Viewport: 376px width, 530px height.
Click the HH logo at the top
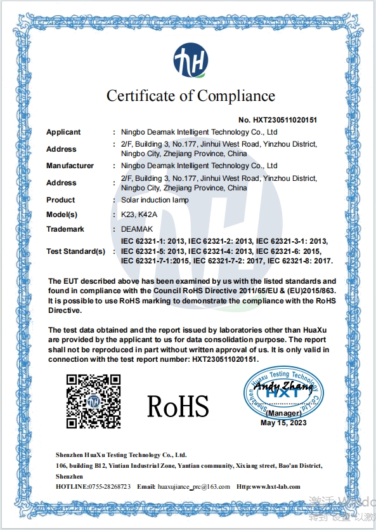tap(190, 61)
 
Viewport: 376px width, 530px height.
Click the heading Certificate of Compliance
tap(190, 96)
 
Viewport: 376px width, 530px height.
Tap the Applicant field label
tap(63, 132)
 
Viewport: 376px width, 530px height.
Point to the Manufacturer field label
tap(70, 166)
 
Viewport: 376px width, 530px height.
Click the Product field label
tap(61, 200)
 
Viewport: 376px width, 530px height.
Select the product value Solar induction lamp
tap(155, 200)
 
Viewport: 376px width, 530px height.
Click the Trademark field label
tap(65, 229)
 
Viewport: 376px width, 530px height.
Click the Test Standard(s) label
tap(75, 251)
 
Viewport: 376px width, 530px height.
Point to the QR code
tap(94, 401)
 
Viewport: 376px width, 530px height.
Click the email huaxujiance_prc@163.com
tap(194, 486)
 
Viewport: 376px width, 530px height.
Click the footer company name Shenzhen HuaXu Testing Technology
tap(120, 455)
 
